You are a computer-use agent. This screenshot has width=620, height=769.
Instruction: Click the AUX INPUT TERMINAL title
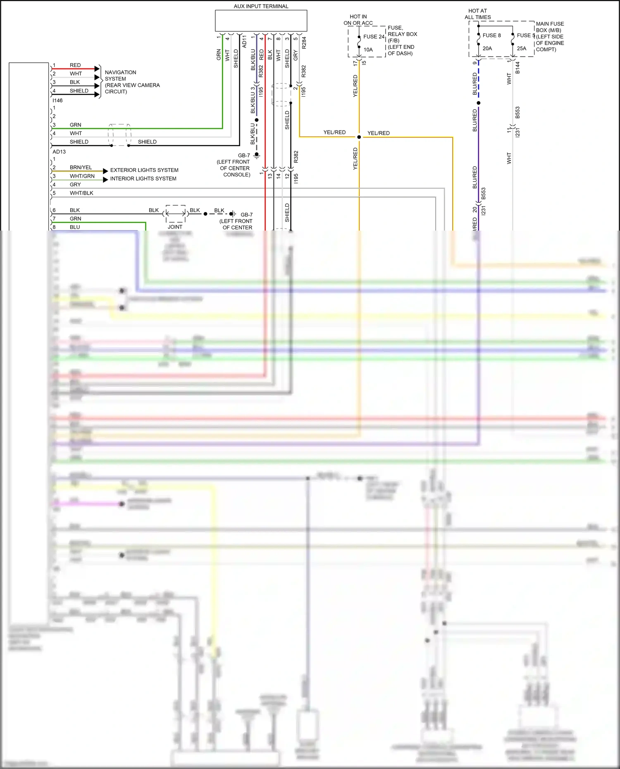[x=261, y=6]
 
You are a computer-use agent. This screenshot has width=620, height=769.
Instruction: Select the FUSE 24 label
[x=374, y=37]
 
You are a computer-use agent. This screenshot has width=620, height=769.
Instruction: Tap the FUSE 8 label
[x=491, y=36]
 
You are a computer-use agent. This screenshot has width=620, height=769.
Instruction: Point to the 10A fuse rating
[x=368, y=50]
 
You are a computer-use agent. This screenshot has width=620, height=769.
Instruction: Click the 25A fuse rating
[x=522, y=48]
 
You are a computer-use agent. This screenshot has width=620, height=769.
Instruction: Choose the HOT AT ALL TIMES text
[x=477, y=14]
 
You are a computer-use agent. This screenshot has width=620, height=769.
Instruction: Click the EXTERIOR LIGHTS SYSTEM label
[x=144, y=170]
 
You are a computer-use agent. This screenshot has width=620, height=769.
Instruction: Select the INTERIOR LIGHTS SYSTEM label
[x=143, y=179]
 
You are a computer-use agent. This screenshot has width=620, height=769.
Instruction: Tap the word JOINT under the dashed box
[x=175, y=227]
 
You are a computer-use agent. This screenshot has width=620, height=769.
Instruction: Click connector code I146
[x=57, y=100]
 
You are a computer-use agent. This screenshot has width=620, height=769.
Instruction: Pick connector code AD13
[x=59, y=152]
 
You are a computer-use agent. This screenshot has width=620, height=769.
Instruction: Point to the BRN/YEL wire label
[x=81, y=167]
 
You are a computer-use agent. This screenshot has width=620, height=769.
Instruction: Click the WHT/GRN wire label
[x=82, y=176]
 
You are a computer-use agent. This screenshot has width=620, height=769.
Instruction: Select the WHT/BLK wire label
[x=81, y=193]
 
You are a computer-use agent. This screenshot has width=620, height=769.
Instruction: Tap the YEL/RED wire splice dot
[x=359, y=137]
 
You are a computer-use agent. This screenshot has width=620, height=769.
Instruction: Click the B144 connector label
[x=517, y=68]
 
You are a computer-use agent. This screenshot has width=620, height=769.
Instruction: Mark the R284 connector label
[x=304, y=43]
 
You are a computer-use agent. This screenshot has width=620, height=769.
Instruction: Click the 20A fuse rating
[x=487, y=48]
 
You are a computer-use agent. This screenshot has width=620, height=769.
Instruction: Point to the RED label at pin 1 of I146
[x=75, y=65]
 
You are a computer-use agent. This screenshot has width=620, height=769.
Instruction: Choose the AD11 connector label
[x=244, y=41]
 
